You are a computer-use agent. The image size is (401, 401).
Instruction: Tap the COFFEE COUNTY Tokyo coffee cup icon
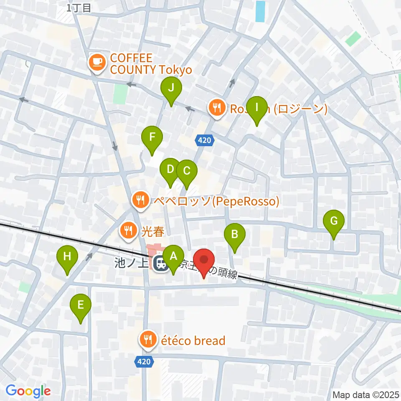(x=97, y=62)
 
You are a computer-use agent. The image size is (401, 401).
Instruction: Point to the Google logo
(x=28, y=391)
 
